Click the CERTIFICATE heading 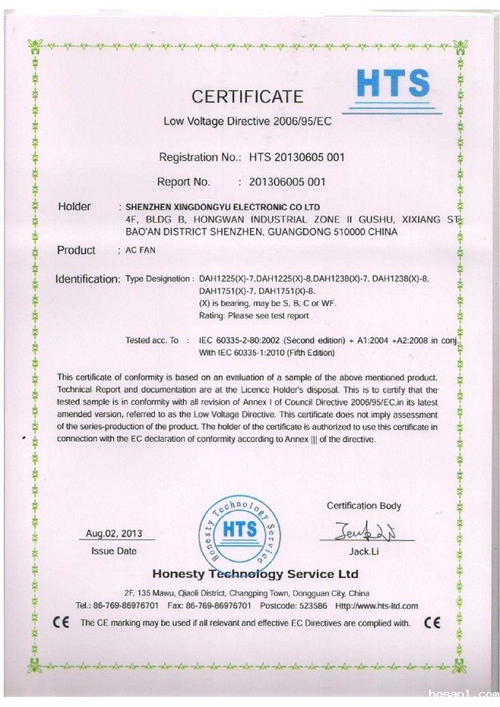click(247, 97)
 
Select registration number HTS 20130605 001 click(297, 156)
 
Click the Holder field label click(75, 207)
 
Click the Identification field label click(87, 279)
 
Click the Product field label click(76, 250)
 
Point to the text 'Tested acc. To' click(157, 340)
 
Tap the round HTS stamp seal click(240, 528)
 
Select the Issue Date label click(114, 551)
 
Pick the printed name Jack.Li click(363, 551)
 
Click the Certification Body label click(363, 506)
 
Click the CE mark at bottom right click(432, 623)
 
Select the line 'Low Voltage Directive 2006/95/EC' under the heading click(247, 122)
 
